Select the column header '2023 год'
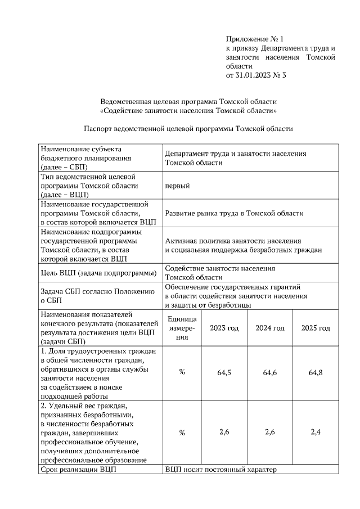tap(224, 328)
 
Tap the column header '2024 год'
tap(270, 328)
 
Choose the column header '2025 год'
tap(316, 328)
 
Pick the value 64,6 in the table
tap(270, 372)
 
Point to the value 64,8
tap(316, 372)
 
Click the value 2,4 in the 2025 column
tap(316, 432)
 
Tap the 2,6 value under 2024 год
tap(270, 432)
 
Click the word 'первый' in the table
tap(177, 186)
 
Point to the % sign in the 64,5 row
tap(182, 372)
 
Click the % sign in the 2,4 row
tap(182, 433)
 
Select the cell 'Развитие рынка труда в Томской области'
tap(234, 213)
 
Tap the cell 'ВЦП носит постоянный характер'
tap(221, 469)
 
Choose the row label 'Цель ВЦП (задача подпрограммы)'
tap(99, 273)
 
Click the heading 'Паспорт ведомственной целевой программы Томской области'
tap(188, 128)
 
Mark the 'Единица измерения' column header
tap(182, 328)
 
